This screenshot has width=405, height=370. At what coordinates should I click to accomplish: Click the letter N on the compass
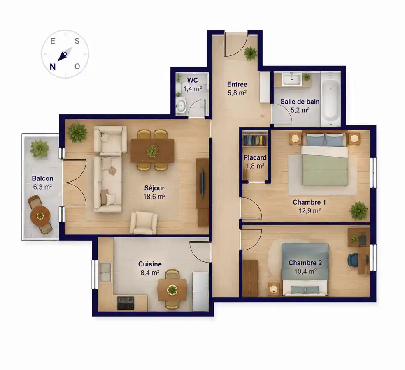tap(53, 67)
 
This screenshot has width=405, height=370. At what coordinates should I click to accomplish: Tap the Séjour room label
tap(154, 188)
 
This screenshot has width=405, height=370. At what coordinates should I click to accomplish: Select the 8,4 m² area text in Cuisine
tap(150, 273)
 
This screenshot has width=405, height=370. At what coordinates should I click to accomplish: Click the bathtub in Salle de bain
tap(331, 99)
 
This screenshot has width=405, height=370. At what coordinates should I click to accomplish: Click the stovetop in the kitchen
tap(126, 303)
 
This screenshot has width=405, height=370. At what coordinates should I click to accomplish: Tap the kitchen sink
tap(105, 272)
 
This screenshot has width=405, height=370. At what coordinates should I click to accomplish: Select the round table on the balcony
tap(40, 215)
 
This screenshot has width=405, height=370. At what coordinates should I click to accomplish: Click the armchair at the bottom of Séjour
tap(144, 223)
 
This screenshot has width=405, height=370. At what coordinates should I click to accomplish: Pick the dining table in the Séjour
tap(152, 151)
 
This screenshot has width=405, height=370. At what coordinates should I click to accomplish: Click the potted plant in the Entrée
tap(251, 53)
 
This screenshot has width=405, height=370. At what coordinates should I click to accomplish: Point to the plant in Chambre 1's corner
tap(359, 211)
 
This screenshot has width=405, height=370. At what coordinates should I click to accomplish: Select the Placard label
tap(255, 157)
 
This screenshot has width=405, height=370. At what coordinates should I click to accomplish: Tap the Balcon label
tap(43, 178)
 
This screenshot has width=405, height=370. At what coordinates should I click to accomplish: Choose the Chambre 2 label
tap(305, 263)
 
